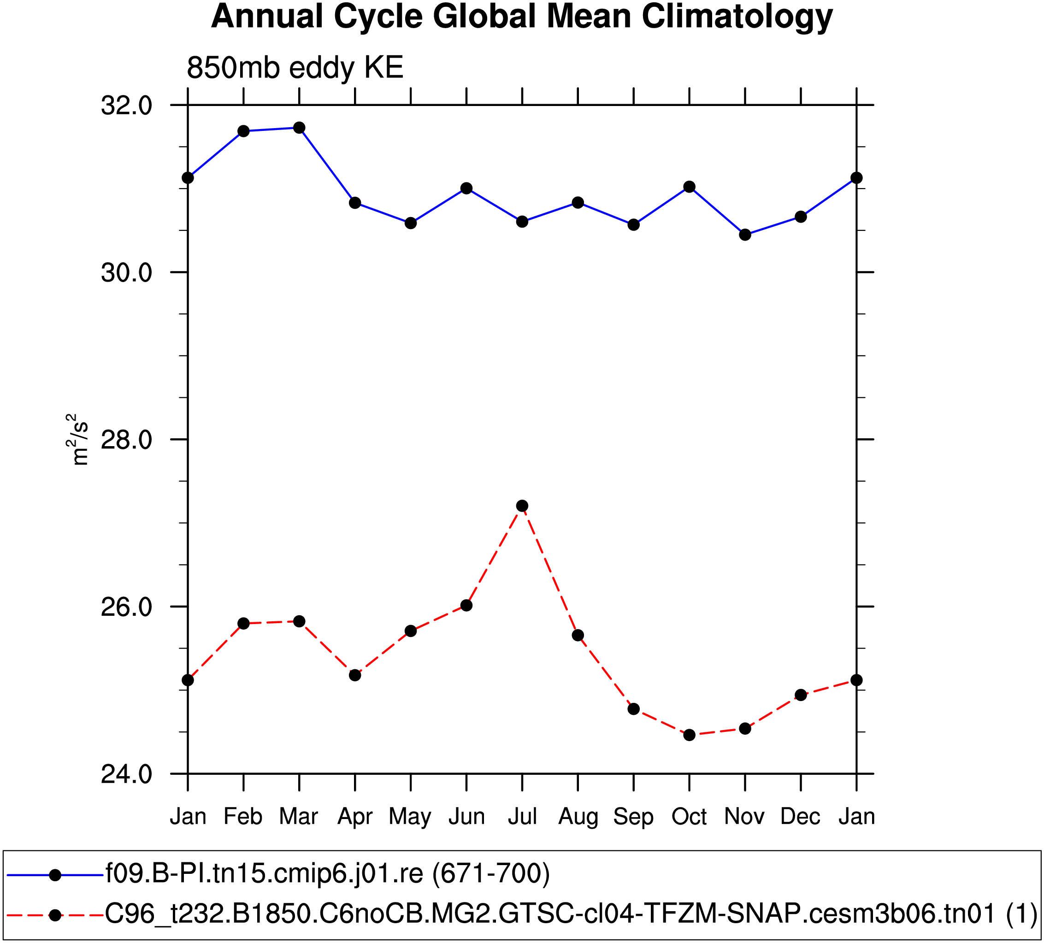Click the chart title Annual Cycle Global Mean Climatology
(x=521, y=17)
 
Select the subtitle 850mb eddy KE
(x=295, y=67)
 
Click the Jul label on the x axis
(x=522, y=817)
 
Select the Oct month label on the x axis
(x=689, y=817)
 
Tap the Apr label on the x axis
(x=355, y=817)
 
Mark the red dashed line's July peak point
(x=522, y=506)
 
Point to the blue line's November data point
(x=745, y=235)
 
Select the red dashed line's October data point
(x=689, y=735)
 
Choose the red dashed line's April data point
(x=355, y=675)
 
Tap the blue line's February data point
(x=243, y=131)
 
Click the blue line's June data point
(x=466, y=188)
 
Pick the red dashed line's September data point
(x=633, y=709)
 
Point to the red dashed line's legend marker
(x=55, y=915)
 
